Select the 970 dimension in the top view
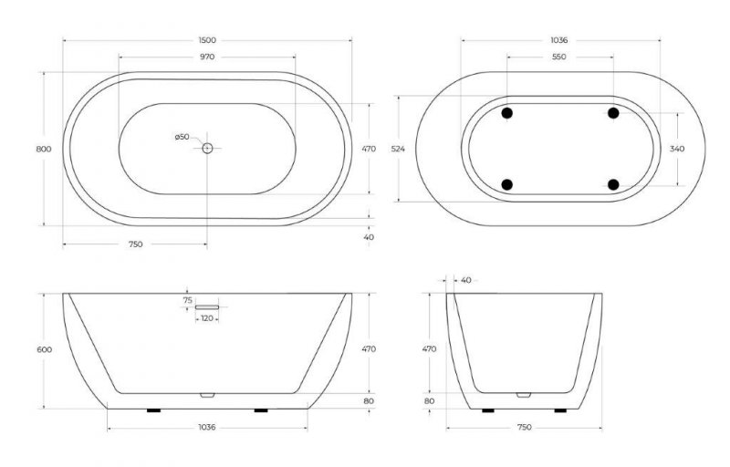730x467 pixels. click(206, 57)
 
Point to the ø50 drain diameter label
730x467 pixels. click(182, 137)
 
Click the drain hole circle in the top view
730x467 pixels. click(207, 148)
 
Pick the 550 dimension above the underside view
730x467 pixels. click(559, 57)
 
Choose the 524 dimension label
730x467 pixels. click(398, 148)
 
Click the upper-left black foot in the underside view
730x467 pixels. click(507, 112)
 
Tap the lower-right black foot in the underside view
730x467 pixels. click(613, 185)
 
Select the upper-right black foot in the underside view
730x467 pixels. click(613, 112)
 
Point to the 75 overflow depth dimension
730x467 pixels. click(188, 299)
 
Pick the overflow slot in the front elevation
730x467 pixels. click(208, 307)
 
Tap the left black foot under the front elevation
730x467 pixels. click(153, 410)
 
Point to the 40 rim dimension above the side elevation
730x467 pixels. click(467, 279)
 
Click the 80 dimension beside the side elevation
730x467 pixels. click(430, 400)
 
